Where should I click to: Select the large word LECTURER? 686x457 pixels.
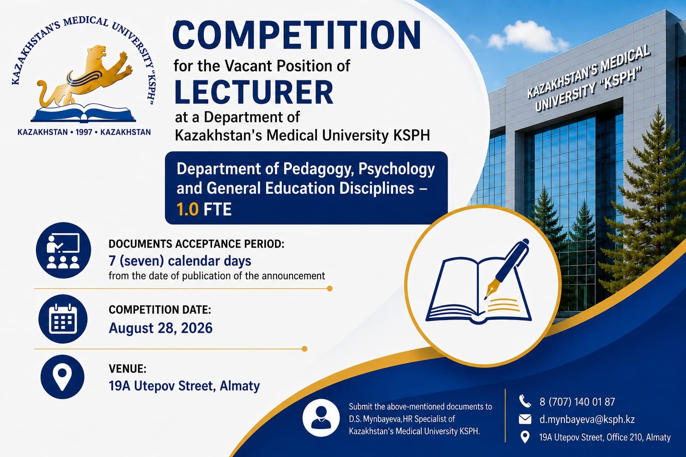click(254, 92)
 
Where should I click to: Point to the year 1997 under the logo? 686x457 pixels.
click(84, 132)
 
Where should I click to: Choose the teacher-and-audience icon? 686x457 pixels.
click(63, 250)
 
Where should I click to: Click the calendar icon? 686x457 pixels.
click(63, 319)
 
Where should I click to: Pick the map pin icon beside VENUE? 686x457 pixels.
click(62, 377)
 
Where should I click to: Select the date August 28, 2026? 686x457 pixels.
click(161, 328)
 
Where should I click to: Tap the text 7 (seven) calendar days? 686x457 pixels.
click(180, 261)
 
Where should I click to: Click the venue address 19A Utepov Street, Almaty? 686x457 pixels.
click(184, 386)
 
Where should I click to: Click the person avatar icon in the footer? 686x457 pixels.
click(321, 418)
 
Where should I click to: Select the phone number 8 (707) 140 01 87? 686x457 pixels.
click(577, 402)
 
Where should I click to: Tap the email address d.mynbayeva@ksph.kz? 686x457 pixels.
click(587, 420)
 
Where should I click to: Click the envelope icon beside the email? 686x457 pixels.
click(525, 420)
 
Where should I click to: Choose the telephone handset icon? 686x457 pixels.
click(525, 401)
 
